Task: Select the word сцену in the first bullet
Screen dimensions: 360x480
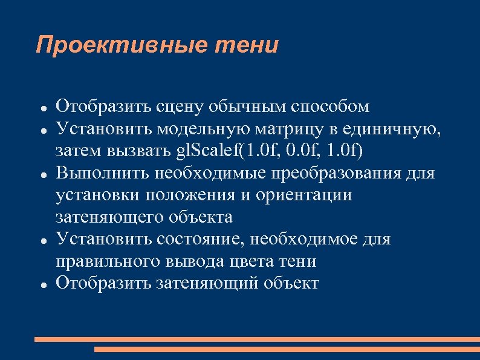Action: [176, 107]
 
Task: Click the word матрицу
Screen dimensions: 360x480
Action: [290, 129]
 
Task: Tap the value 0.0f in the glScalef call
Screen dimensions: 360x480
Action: [302, 151]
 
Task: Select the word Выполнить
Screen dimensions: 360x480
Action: [103, 173]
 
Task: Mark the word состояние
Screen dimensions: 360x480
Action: [199, 239]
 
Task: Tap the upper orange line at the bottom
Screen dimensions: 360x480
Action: [256, 339]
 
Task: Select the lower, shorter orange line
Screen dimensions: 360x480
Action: [287, 349]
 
